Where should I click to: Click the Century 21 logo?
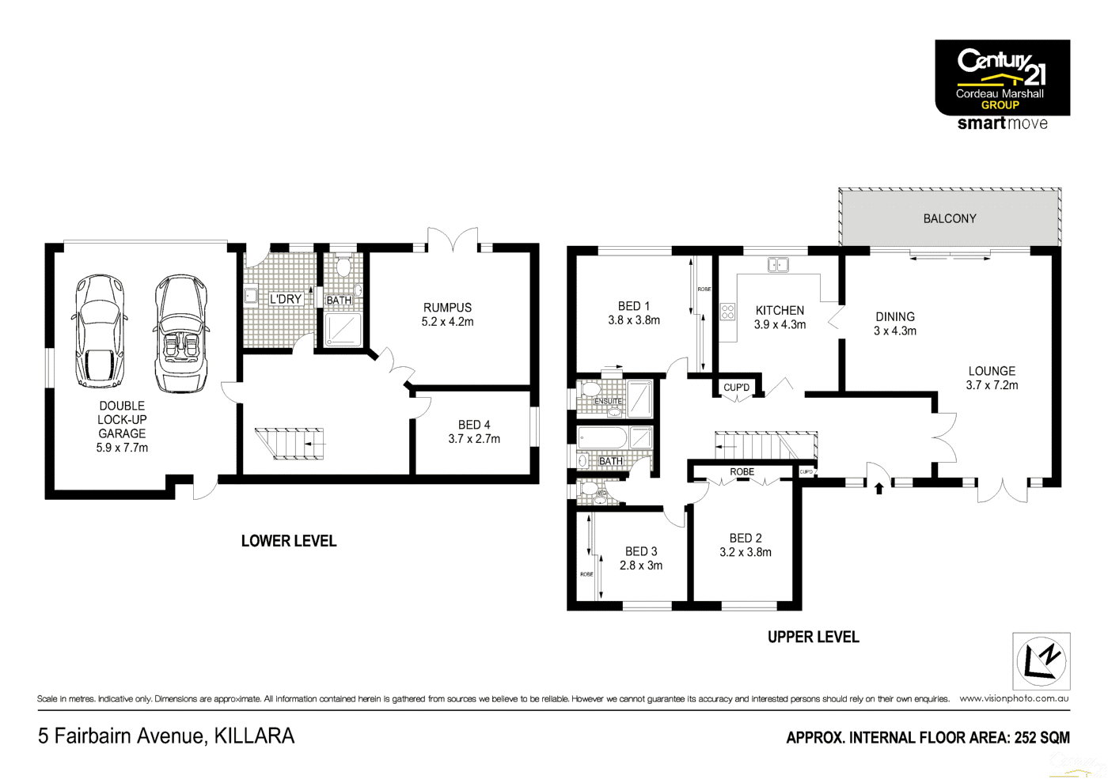pyautogui.click(x=1002, y=78)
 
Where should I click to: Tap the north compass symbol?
pyautogui.click(x=1041, y=661)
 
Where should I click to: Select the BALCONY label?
pyautogui.click(x=949, y=218)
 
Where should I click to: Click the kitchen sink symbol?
pyautogui.click(x=778, y=265)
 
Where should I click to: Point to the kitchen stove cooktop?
pyautogui.click(x=727, y=312)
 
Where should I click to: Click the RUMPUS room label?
pyautogui.click(x=447, y=308)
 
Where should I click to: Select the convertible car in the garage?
pyautogui.click(x=181, y=334)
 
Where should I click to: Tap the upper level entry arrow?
pyautogui.click(x=878, y=488)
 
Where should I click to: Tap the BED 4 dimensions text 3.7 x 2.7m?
pyautogui.click(x=474, y=439)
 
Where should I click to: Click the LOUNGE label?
pyautogui.click(x=992, y=371)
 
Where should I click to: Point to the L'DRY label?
pyautogui.click(x=285, y=300)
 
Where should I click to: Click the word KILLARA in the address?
pyautogui.click(x=254, y=736)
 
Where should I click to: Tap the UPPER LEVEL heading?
pyautogui.click(x=813, y=637)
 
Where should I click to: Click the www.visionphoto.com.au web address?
pyautogui.click(x=1014, y=698)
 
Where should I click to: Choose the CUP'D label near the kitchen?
pyautogui.click(x=736, y=388)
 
